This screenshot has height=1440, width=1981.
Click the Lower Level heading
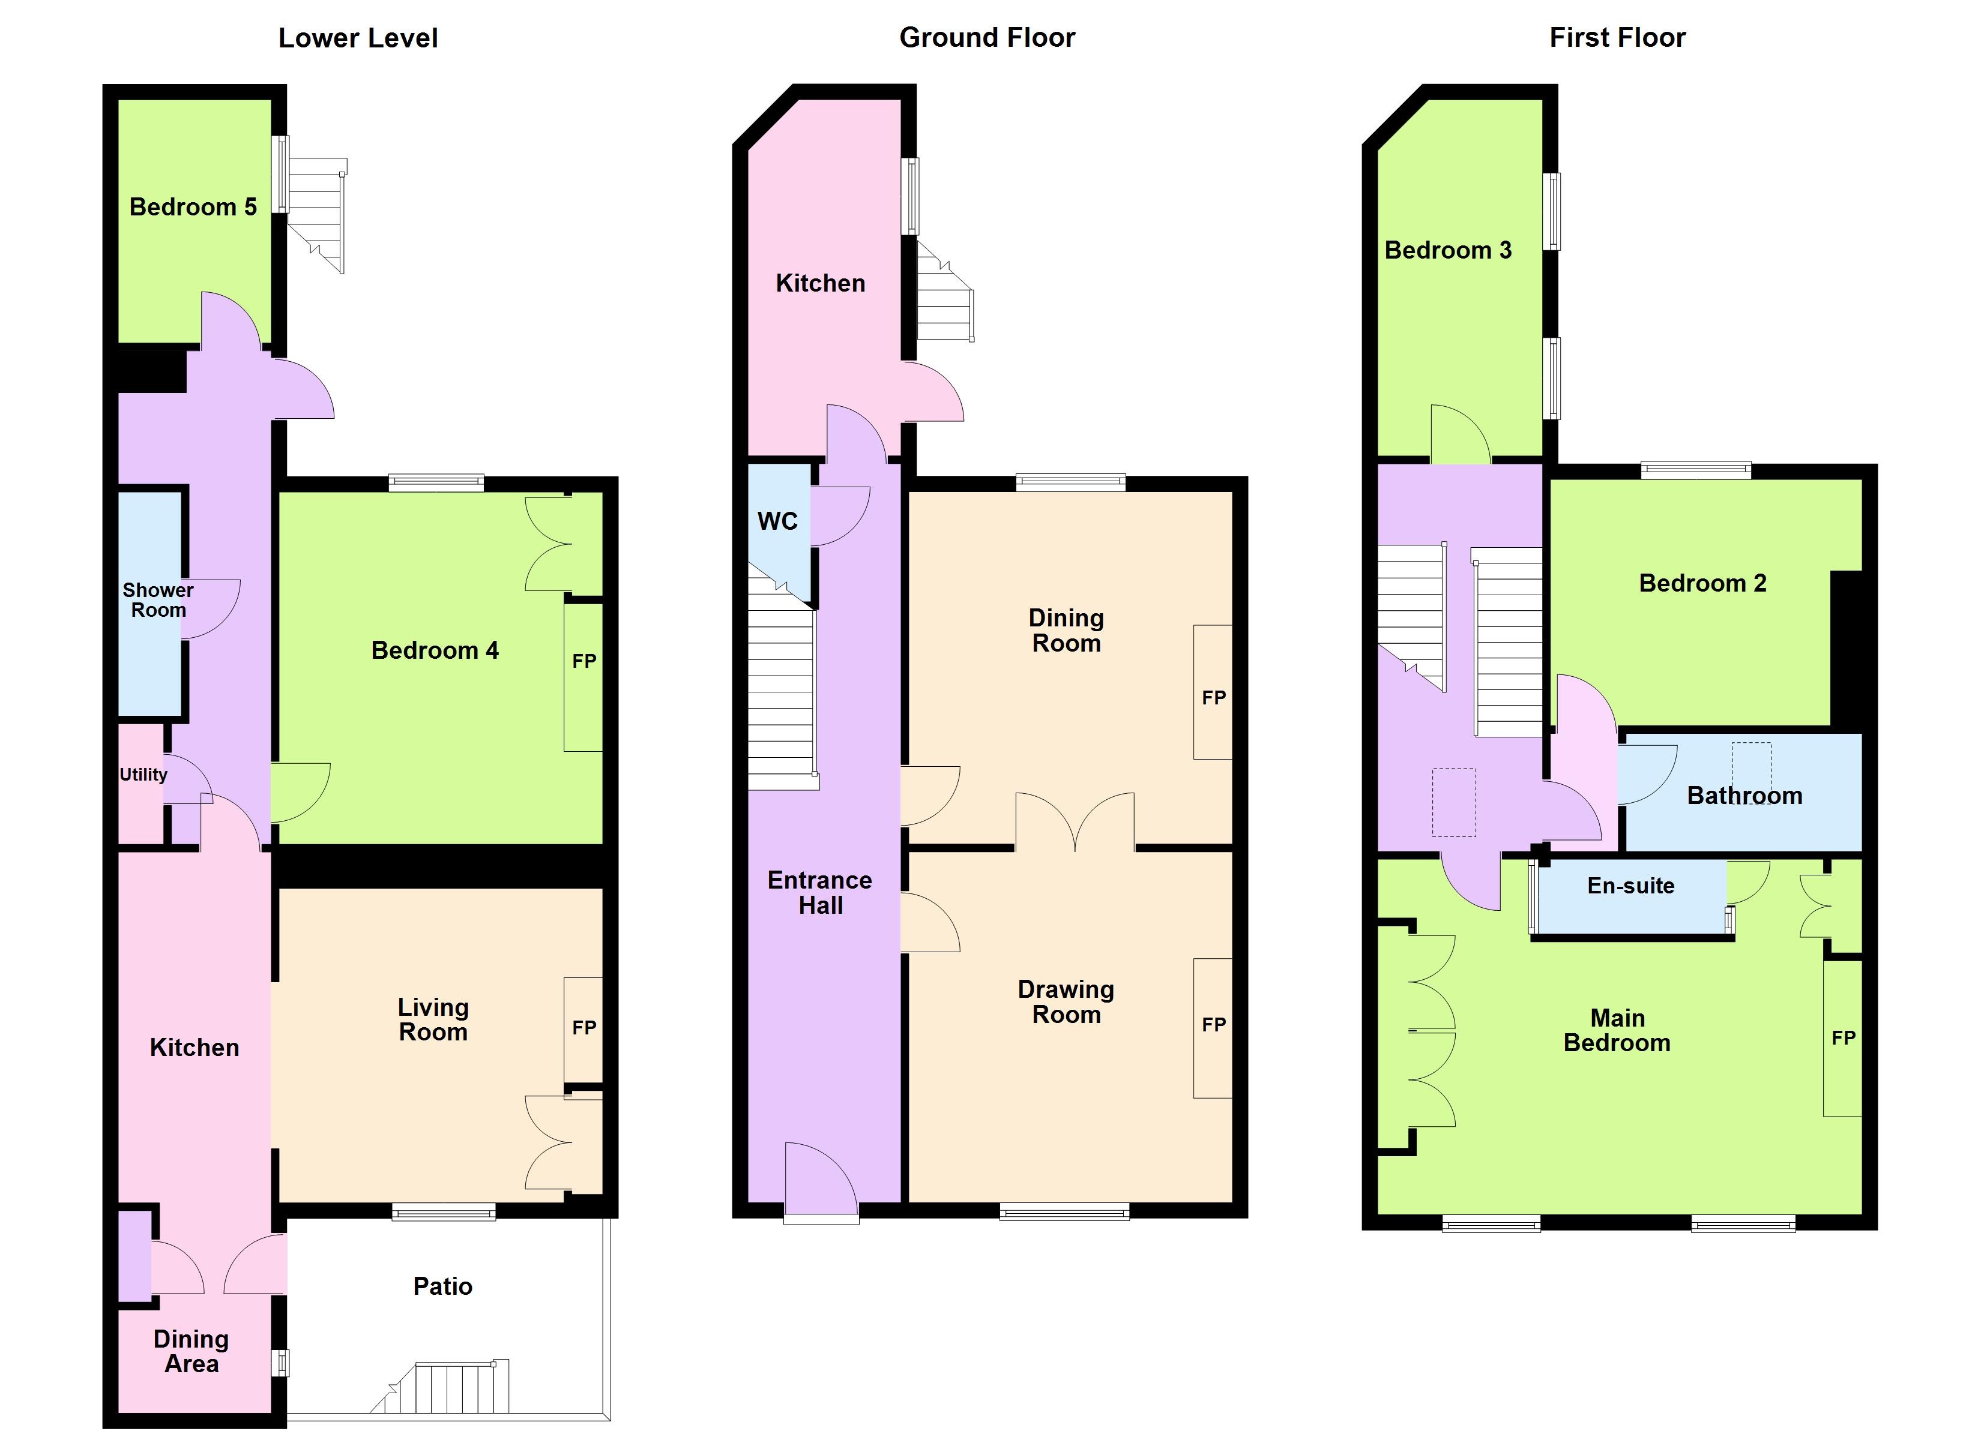[x=358, y=38]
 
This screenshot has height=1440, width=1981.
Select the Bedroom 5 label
[x=193, y=207]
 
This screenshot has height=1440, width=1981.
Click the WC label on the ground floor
[x=777, y=521]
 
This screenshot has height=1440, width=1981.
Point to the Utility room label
[x=143, y=775]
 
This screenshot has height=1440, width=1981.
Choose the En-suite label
[x=1631, y=886]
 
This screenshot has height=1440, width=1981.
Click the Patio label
[x=443, y=1286]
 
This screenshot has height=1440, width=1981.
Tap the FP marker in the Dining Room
[x=1213, y=698]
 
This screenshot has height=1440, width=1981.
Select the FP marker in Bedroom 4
[x=584, y=661]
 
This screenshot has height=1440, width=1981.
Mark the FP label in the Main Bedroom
[x=1843, y=1039]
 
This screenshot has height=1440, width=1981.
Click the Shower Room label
[x=158, y=600]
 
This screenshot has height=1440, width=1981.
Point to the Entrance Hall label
[x=820, y=892]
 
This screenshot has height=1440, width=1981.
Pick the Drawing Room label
[x=1067, y=1001]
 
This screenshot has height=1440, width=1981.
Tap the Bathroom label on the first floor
[x=1744, y=796]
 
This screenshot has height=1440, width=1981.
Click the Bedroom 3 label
[x=1448, y=251]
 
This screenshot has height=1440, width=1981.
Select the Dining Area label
[x=191, y=1351]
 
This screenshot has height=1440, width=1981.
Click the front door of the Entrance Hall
[x=821, y=1179]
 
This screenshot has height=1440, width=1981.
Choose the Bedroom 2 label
[x=1702, y=583]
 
